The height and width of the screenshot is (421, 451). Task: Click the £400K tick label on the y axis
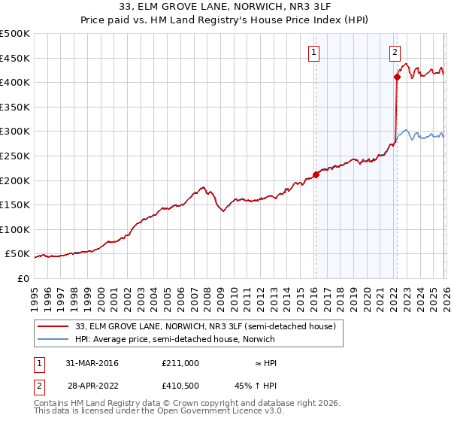pos(14,82)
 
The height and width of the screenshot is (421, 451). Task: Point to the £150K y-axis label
pos(14,204)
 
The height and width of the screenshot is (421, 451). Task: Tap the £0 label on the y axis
pos(23,278)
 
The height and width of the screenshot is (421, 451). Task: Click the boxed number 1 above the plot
pos(313,53)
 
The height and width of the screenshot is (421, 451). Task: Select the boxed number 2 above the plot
pos(395,53)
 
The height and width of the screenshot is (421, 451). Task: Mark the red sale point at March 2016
pos(316,175)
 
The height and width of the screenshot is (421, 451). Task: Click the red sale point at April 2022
pos(396,77)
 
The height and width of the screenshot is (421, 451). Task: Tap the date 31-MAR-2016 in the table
pos(92,363)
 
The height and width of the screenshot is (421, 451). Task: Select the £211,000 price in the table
pos(180,363)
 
